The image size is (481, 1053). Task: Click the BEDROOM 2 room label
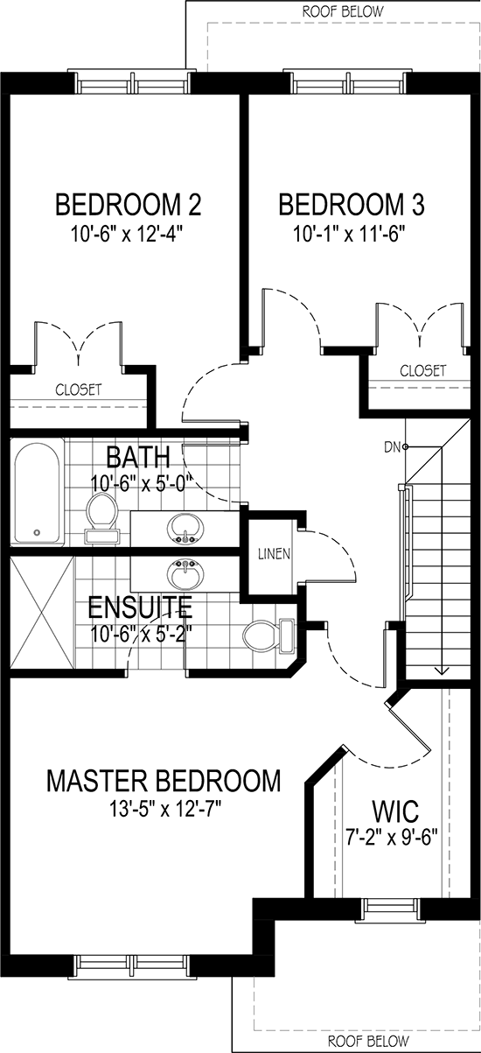(x=129, y=205)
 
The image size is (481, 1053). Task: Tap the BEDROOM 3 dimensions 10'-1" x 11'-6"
(x=350, y=233)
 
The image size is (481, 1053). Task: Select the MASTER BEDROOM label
(x=164, y=780)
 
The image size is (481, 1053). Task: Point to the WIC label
(x=395, y=811)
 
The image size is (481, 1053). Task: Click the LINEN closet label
(x=275, y=554)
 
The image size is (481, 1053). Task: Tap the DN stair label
(x=392, y=447)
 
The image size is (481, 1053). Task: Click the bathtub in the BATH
(x=37, y=493)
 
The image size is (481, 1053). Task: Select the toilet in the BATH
(x=102, y=518)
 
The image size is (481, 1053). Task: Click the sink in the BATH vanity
(x=186, y=529)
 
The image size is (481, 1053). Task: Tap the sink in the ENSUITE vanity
(x=186, y=574)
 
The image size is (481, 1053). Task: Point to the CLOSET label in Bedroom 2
(x=79, y=390)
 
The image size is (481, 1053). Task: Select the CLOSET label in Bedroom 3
(x=422, y=370)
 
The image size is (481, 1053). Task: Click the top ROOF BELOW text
(x=343, y=11)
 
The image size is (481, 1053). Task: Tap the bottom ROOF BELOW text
(x=368, y=1040)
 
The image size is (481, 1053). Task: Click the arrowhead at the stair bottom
(x=441, y=670)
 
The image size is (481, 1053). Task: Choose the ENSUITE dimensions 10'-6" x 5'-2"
(x=142, y=635)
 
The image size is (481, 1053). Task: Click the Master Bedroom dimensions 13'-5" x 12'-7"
(x=165, y=809)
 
